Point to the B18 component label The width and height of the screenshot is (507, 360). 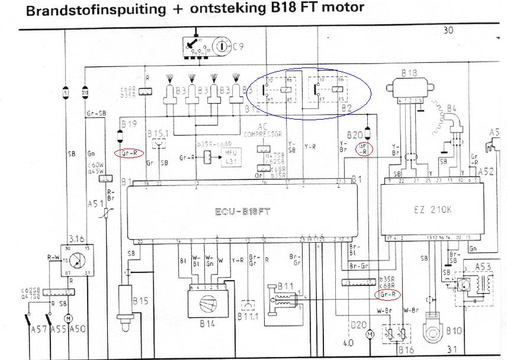409,73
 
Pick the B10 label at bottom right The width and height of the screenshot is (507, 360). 454,330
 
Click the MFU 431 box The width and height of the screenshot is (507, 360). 232,157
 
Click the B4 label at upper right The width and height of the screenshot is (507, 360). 453,108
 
